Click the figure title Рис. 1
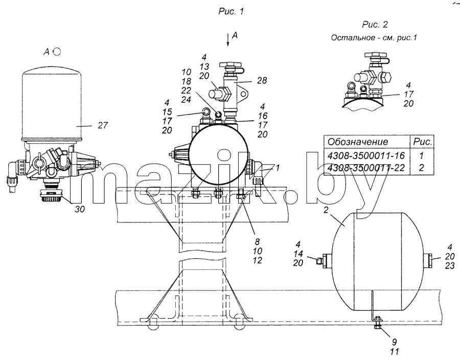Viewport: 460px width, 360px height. point(231,11)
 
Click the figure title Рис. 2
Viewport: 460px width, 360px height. point(375,25)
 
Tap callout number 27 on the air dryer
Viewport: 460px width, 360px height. point(103,125)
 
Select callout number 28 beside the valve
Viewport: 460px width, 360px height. point(262,80)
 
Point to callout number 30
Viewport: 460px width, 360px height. point(80,209)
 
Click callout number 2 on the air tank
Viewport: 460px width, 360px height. point(327,210)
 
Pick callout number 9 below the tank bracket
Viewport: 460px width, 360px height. point(394,342)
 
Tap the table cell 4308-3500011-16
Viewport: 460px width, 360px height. point(366,155)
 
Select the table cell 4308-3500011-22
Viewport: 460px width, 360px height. point(366,168)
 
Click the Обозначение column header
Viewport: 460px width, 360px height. point(358,142)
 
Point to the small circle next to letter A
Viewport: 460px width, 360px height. point(57,52)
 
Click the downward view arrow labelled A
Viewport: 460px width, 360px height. point(227,39)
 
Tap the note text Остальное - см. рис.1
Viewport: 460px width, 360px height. point(374,37)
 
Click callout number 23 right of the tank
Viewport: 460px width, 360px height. point(449,265)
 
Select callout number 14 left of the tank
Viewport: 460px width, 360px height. point(298,254)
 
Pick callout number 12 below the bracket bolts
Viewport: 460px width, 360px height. point(257,260)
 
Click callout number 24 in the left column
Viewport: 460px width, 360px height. point(186,100)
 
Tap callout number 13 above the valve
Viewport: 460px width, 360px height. point(204,66)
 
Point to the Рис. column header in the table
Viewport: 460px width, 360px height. point(423,142)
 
